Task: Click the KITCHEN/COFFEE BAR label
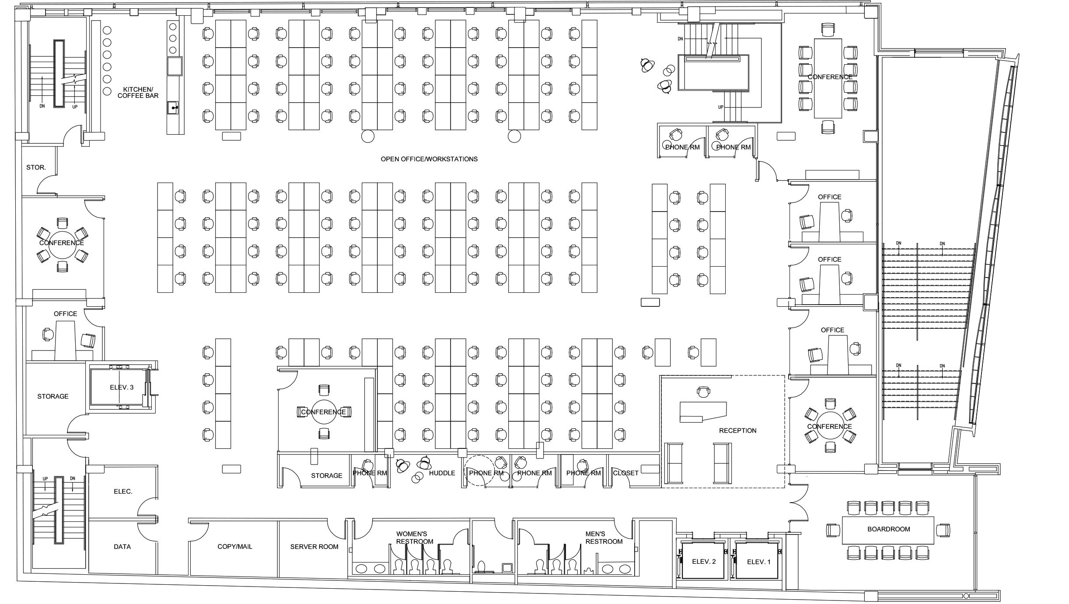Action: coord(138,92)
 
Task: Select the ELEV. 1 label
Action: coord(758,562)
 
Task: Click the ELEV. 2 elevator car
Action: coord(703,562)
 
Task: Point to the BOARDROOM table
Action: coord(888,529)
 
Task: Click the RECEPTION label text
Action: coord(737,430)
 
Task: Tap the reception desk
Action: coord(702,412)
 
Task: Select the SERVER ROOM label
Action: coord(314,546)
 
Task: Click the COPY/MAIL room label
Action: coord(235,546)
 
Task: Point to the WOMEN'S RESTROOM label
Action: coord(414,538)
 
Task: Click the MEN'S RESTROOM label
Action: coord(604,538)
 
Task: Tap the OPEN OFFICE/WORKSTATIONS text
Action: coord(429,159)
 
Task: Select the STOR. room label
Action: coord(36,167)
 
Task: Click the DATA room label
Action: coord(122,546)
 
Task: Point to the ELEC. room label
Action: coord(123,491)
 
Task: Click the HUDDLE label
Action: coord(442,473)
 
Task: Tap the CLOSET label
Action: coord(625,473)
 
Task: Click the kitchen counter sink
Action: coord(174,107)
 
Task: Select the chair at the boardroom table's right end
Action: coord(943,530)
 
